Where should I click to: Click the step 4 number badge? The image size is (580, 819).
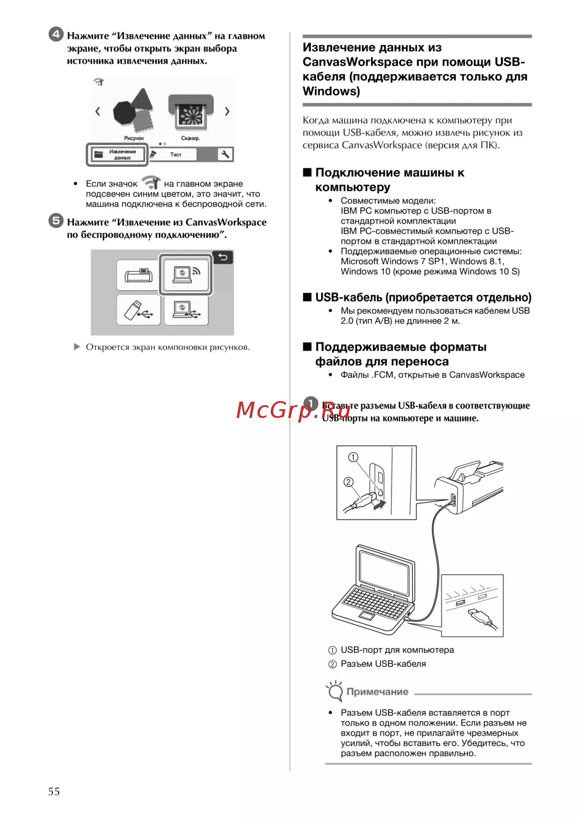56,34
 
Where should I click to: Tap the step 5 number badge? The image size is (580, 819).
56,220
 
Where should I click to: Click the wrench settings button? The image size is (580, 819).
224,154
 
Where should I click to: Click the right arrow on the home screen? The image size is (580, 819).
227,111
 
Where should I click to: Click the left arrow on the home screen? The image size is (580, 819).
97,111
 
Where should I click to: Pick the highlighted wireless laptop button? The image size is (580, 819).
186,274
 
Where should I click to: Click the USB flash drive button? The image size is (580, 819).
138,310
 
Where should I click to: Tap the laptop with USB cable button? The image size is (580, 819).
186,310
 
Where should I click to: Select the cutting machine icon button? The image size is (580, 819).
137,275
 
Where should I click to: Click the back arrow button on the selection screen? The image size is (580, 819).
223,257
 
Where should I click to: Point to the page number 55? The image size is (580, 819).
54,791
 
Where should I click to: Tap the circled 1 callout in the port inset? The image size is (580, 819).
353,457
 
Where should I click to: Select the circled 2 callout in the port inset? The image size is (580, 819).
348,482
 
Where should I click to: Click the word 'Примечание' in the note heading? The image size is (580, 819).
377,691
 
